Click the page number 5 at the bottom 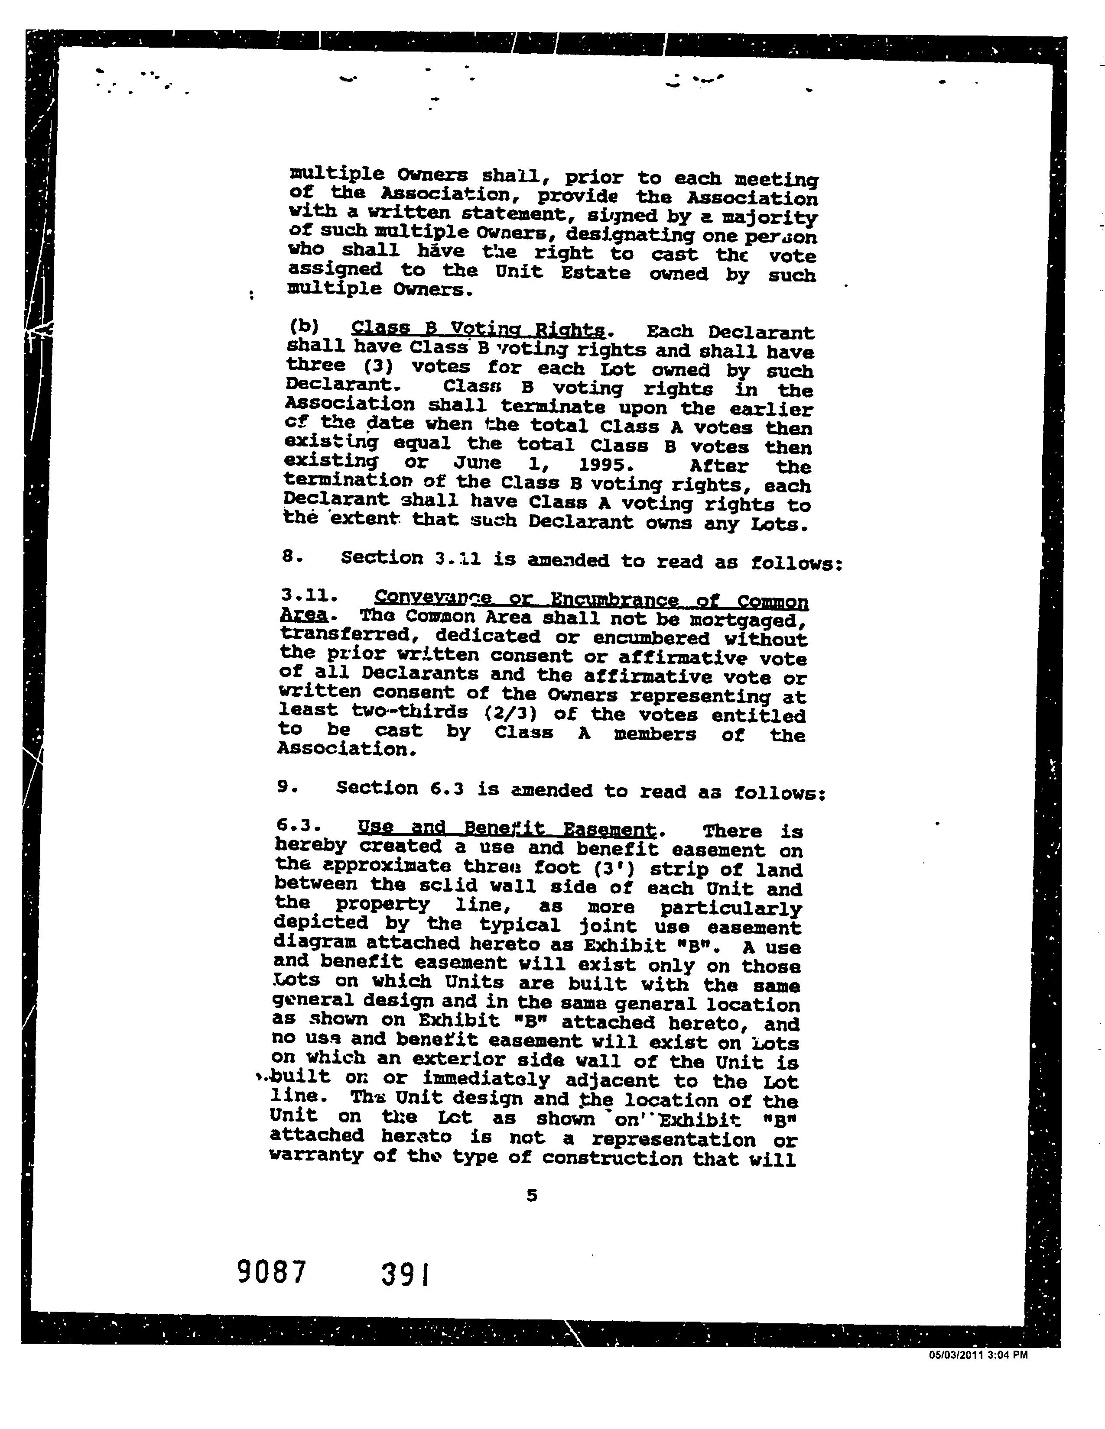tap(532, 1196)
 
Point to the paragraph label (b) tap(303, 325)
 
